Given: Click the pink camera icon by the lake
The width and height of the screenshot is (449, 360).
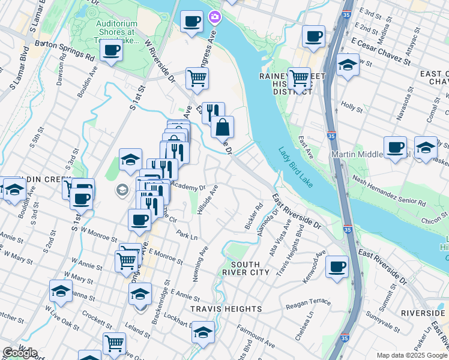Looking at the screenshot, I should (214, 17).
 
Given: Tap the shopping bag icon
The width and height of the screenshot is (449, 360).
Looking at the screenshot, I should (222, 127).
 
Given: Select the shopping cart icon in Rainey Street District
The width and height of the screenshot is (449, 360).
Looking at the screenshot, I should (298, 78).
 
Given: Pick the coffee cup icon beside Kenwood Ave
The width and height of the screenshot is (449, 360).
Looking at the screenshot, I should (337, 266).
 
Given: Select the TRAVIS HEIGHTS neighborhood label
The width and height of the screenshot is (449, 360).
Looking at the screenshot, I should (226, 309).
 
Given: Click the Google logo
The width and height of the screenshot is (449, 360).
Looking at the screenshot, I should (20, 353).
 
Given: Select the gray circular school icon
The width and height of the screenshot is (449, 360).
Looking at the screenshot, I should (122, 190).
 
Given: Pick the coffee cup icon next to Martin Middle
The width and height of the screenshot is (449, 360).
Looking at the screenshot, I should (395, 147).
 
